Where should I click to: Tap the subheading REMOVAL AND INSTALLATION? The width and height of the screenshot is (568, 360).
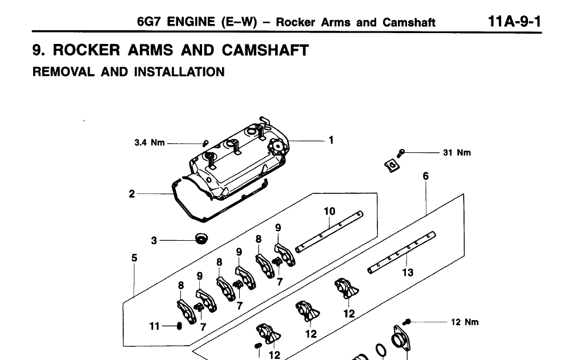pyautogui.click(x=128, y=72)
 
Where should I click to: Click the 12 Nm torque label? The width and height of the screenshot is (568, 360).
pyautogui.click(x=465, y=322)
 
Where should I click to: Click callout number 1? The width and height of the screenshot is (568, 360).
pyautogui.click(x=331, y=140)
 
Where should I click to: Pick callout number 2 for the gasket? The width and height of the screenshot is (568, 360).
pyautogui.click(x=131, y=194)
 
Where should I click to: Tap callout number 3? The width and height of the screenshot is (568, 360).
pyautogui.click(x=154, y=241)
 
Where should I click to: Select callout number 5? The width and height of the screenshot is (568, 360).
pyautogui.click(x=134, y=258)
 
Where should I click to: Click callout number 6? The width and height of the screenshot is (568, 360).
pyautogui.click(x=426, y=176)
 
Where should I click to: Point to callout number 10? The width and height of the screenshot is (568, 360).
pyautogui.click(x=329, y=212)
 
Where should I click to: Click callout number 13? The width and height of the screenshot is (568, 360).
pyautogui.click(x=407, y=273)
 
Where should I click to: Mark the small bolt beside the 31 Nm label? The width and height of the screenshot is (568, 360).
pyautogui.click(x=402, y=152)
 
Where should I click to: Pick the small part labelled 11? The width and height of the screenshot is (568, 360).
pyautogui.click(x=179, y=326)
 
